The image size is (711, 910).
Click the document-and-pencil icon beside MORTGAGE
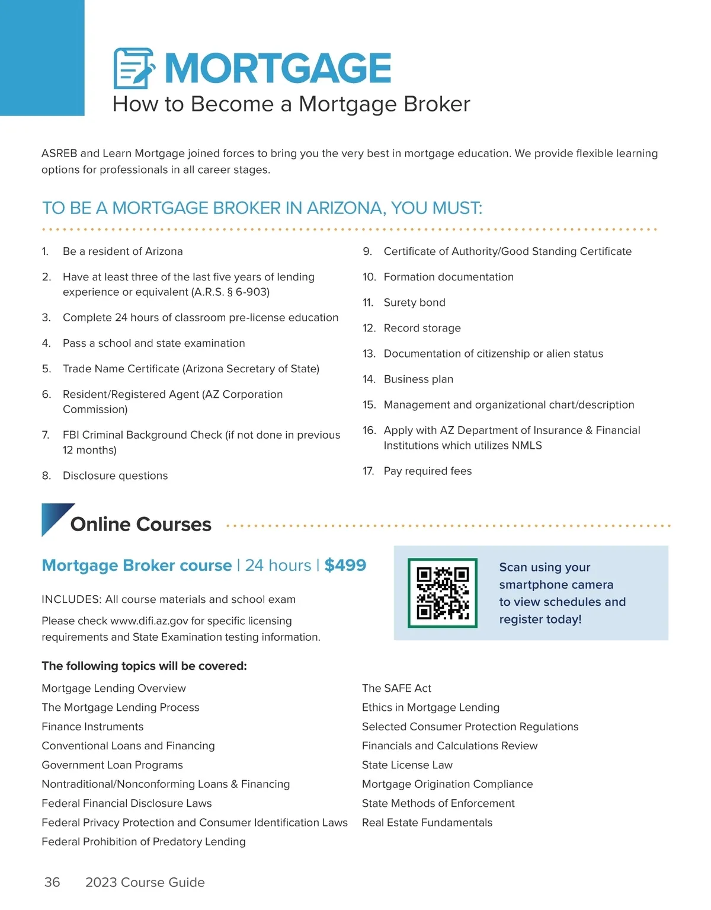pyautogui.click(x=134, y=68)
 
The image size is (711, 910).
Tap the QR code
pyautogui.click(x=443, y=593)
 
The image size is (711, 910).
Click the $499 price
pyautogui.click(x=345, y=565)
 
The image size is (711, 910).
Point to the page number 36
pyautogui.click(x=52, y=882)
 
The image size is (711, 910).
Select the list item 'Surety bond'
pyautogui.click(x=414, y=302)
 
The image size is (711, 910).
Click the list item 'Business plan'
pyautogui.click(x=418, y=379)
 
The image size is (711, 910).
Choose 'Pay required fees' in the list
pyautogui.click(x=427, y=471)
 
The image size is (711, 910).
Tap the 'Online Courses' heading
pyautogui.click(x=140, y=524)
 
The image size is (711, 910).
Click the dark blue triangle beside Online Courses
pyautogui.click(x=55, y=517)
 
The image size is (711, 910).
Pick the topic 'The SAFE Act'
pyautogui.click(x=396, y=688)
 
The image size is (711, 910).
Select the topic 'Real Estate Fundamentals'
pyautogui.click(x=427, y=822)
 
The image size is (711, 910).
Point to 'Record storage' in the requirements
pyautogui.click(x=422, y=328)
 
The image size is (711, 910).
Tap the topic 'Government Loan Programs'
pyautogui.click(x=112, y=765)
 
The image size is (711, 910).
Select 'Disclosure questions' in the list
pyautogui.click(x=115, y=475)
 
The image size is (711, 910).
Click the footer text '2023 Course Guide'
pyautogui.click(x=145, y=882)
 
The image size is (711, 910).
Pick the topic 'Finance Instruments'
pyautogui.click(x=92, y=726)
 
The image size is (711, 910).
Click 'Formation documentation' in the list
pyautogui.click(x=449, y=277)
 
